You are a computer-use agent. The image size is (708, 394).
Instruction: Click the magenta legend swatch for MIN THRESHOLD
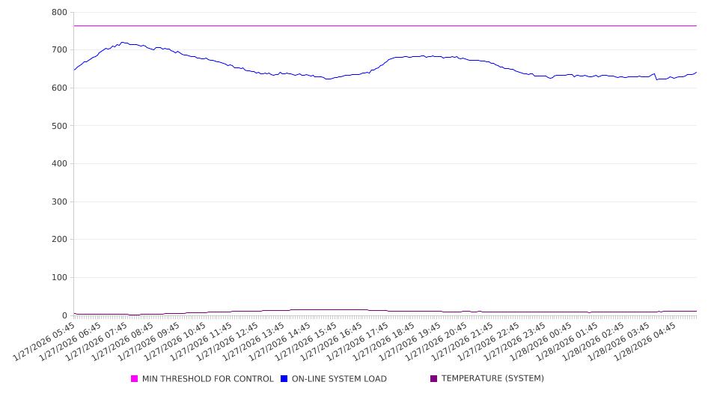click(135, 379)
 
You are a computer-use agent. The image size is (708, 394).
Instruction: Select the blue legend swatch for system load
click(284, 379)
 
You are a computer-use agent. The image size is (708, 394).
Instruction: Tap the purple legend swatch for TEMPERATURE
click(434, 379)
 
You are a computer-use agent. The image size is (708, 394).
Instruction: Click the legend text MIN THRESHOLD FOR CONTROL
click(207, 379)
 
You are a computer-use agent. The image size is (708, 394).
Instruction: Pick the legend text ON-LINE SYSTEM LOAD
click(339, 379)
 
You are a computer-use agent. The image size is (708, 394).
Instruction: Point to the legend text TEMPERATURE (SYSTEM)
click(492, 379)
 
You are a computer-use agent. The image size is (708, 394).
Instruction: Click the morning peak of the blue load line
click(122, 43)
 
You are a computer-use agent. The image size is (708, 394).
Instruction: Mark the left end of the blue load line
click(74, 70)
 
